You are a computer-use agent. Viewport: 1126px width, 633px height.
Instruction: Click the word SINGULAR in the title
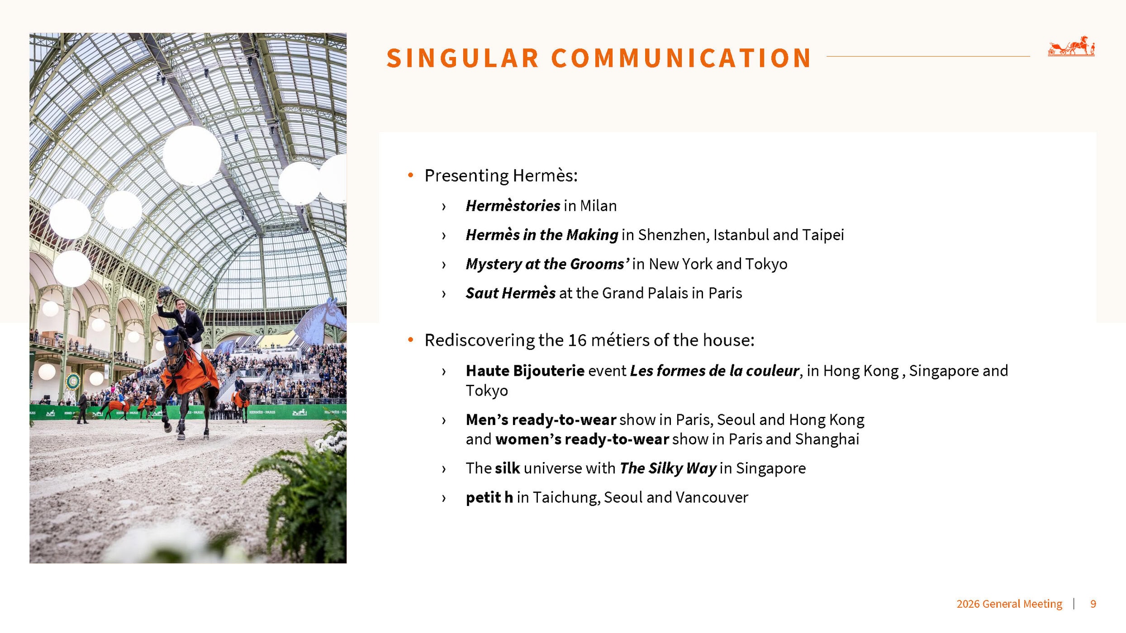462,58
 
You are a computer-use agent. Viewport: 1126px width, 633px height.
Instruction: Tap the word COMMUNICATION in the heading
681,58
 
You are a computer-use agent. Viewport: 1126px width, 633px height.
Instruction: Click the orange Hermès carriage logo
1071,46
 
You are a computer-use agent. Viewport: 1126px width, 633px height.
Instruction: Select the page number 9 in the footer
1093,604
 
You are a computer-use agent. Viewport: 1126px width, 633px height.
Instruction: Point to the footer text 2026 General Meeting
1009,604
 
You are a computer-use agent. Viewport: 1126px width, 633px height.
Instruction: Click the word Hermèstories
513,206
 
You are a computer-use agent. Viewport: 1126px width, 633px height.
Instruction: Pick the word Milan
599,206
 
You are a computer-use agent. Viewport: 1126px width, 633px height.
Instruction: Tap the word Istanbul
741,235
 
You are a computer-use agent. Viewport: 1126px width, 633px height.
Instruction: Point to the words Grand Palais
645,293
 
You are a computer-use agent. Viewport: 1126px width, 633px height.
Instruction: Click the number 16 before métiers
577,340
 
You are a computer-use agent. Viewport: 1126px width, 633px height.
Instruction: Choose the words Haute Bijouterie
525,371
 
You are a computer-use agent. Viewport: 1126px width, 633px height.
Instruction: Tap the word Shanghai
827,439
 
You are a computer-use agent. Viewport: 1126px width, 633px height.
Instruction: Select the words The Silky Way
668,468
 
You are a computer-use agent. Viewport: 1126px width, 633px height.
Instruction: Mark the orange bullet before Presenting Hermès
411,175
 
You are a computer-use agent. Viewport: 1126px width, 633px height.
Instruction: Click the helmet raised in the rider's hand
164,292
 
